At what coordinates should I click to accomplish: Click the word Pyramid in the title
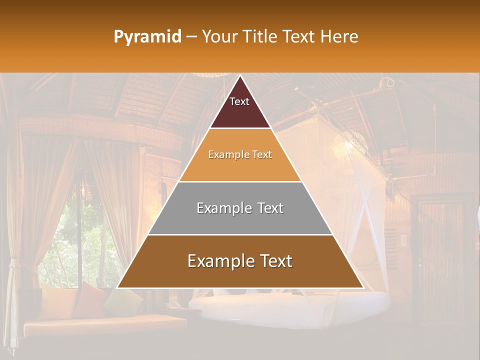[147, 37]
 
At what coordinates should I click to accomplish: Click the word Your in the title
[218, 37]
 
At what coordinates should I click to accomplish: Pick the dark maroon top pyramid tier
[240, 112]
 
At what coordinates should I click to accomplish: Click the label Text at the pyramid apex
[239, 101]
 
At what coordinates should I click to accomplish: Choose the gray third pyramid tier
[240, 220]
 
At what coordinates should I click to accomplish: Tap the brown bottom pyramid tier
[240, 275]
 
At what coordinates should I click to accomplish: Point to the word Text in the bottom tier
[274, 261]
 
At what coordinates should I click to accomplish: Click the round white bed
[290, 307]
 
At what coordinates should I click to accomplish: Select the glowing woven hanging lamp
[350, 145]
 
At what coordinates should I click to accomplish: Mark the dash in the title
[191, 37]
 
